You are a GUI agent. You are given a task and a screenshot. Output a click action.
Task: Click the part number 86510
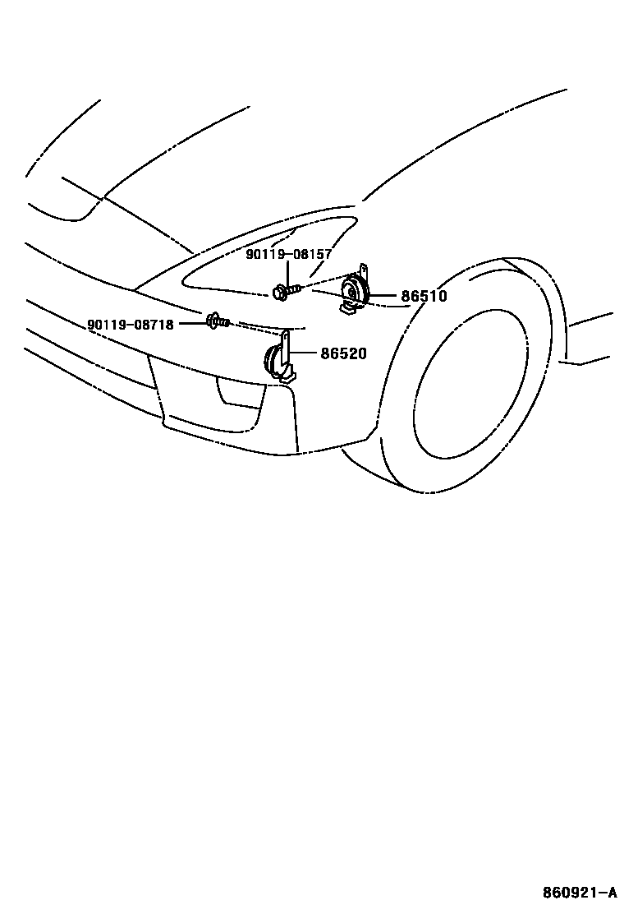click(x=424, y=296)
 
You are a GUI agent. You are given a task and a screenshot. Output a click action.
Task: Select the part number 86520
click(x=343, y=354)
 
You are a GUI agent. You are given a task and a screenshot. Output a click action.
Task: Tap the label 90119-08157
click(x=288, y=255)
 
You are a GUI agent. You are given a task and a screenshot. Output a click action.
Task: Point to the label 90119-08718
click(x=131, y=325)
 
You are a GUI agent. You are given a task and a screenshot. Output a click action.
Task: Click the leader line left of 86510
click(x=386, y=296)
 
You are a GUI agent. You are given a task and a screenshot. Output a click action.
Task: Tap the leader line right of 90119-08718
click(x=191, y=324)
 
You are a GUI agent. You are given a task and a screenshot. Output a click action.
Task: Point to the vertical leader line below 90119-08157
click(x=288, y=271)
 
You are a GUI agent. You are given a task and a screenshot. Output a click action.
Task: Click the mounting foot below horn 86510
click(x=348, y=309)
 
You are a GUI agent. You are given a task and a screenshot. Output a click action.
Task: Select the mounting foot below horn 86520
click(x=287, y=378)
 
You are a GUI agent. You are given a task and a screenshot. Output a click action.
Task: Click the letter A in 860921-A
click(x=612, y=893)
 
